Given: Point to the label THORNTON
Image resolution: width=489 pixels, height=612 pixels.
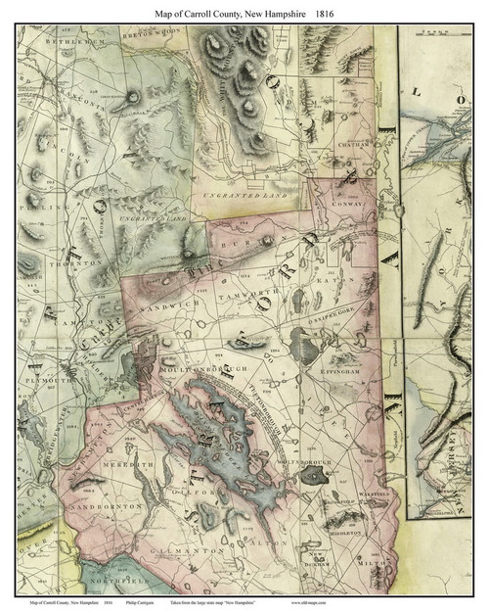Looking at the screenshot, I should [80, 263].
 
